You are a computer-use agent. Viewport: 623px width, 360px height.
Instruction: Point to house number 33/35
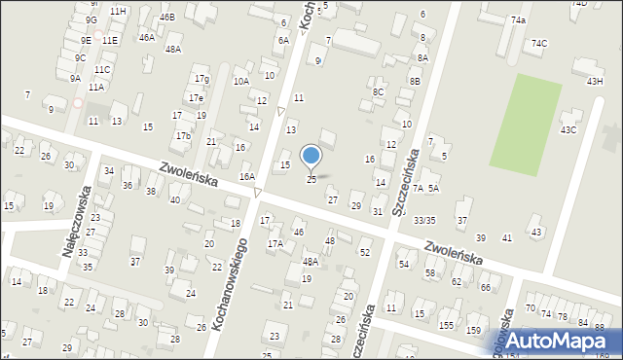click(x=424, y=221)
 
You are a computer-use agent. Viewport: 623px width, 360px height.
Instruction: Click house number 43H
click(x=595, y=82)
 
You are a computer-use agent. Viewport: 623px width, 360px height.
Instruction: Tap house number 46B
click(x=167, y=18)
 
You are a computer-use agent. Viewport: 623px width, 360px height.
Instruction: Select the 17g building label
click(x=201, y=79)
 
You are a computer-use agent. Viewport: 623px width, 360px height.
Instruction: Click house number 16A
click(x=247, y=176)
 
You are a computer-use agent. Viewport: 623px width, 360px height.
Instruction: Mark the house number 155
click(x=446, y=325)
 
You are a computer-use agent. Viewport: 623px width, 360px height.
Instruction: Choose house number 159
click(x=473, y=331)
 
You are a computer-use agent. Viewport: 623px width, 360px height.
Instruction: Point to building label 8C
click(x=379, y=92)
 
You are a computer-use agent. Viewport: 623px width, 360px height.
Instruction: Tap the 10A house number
click(x=241, y=82)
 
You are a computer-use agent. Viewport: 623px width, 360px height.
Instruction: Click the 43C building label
click(x=568, y=129)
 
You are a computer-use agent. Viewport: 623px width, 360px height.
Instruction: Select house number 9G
click(x=91, y=19)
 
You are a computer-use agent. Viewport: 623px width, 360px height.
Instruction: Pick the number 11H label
click(x=118, y=11)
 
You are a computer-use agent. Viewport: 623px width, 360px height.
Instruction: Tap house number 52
click(x=365, y=253)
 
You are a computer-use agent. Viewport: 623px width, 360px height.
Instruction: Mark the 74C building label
click(x=539, y=44)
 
